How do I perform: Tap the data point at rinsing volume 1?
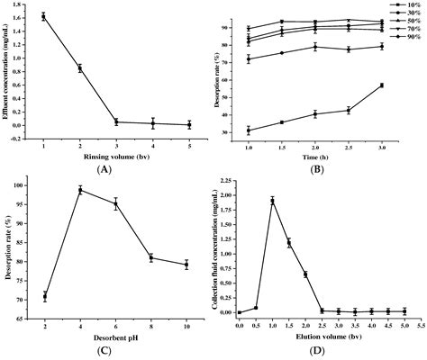click(x=44, y=16)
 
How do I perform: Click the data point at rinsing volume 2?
click(x=80, y=67)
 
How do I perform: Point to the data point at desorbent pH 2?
click(x=45, y=296)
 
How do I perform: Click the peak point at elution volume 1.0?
click(x=272, y=201)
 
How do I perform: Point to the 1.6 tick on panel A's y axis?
click(x=23, y=16)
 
